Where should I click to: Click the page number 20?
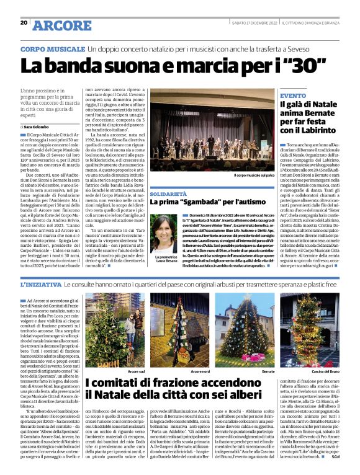click(x=24, y=23)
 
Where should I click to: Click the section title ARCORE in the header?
click(x=61, y=25)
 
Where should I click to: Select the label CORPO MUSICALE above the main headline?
click(x=52, y=48)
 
